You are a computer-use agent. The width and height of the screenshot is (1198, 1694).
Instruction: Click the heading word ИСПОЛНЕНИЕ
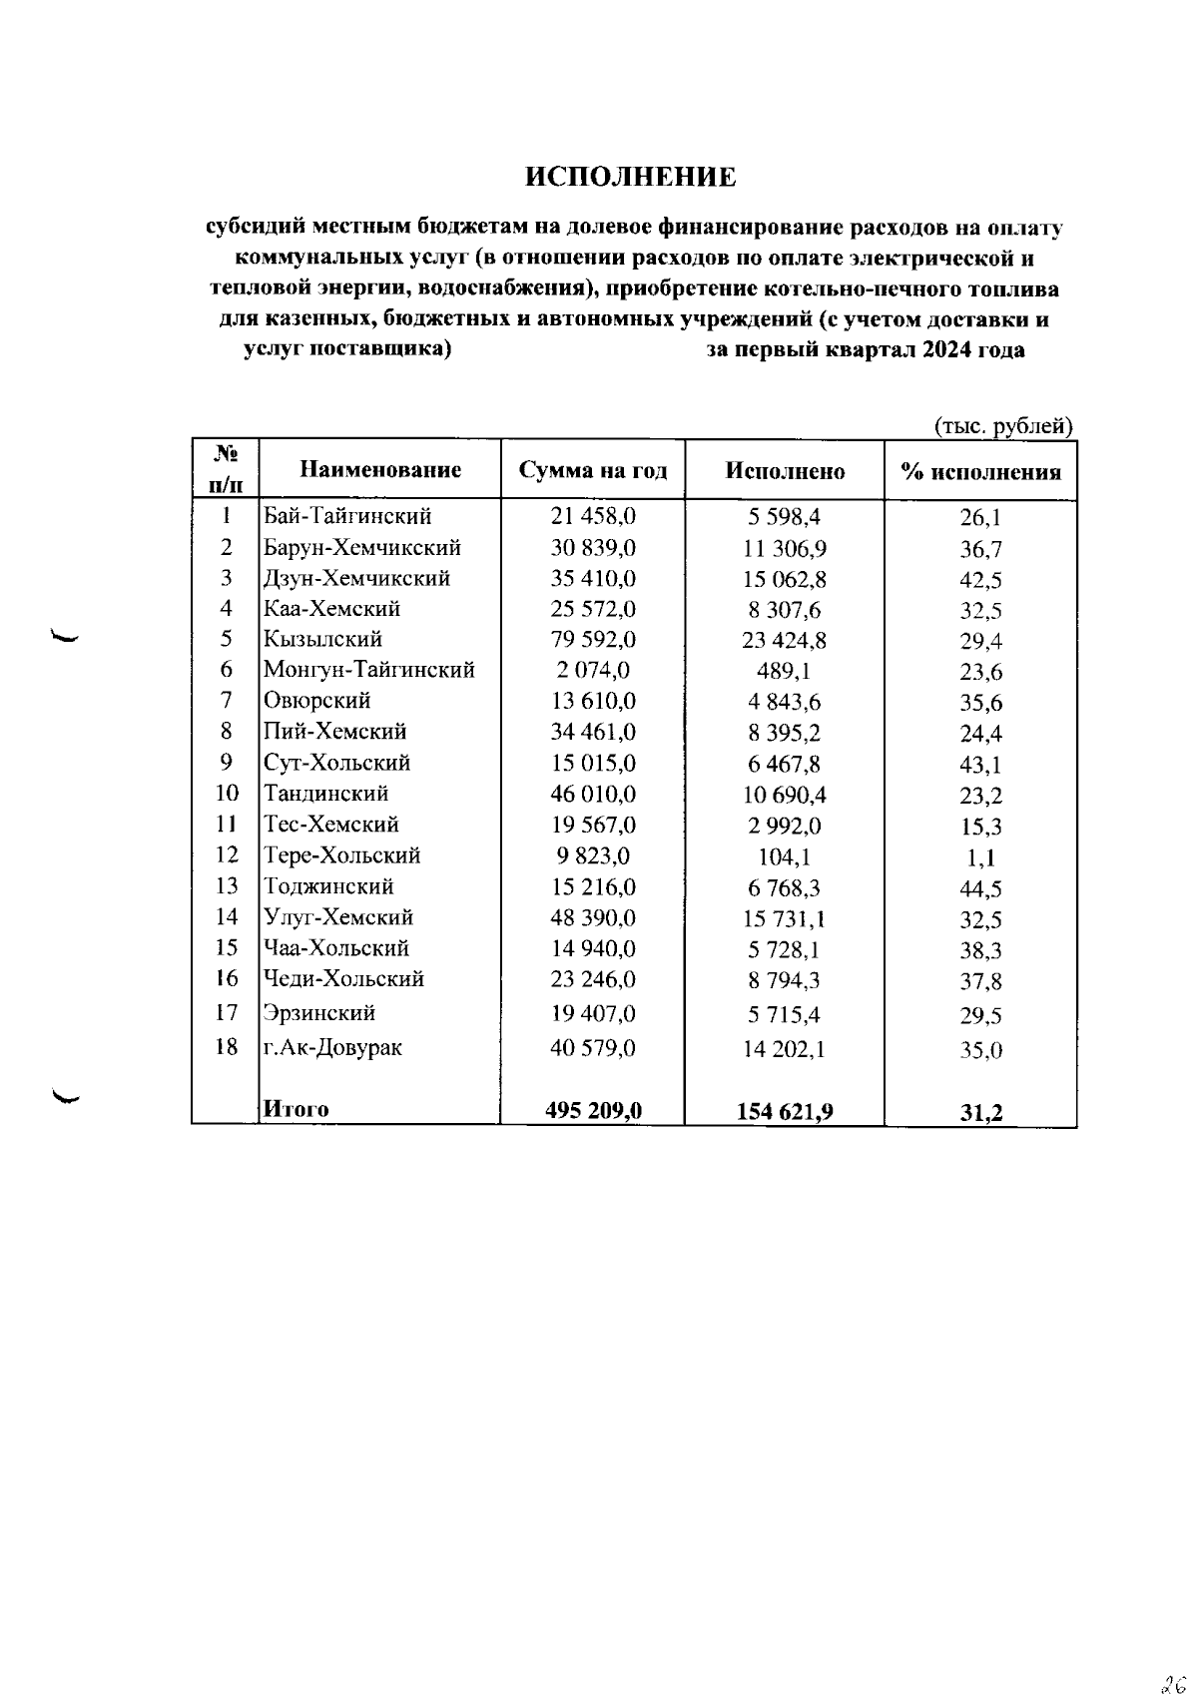point(631,178)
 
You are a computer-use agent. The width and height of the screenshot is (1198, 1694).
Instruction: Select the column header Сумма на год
point(593,471)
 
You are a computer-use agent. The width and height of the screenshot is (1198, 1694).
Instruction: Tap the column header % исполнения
point(980,472)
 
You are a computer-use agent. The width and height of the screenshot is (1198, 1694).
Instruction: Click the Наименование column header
point(380,470)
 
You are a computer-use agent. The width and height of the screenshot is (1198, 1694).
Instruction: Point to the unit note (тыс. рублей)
point(1003,426)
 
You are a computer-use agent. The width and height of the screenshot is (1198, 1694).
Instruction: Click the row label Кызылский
point(322,639)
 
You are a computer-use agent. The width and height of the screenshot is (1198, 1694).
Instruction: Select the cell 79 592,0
point(593,639)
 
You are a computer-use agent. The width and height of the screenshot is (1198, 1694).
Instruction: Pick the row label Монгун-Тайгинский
point(368,670)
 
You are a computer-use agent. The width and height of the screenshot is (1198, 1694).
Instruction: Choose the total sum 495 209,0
point(593,1110)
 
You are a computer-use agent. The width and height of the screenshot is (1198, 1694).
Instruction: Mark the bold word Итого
point(296,1109)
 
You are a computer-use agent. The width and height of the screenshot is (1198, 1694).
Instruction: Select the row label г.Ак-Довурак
point(332,1047)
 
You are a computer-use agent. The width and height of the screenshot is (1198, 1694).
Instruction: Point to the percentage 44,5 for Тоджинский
point(980,888)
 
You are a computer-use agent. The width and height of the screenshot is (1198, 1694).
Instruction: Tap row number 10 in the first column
point(227,794)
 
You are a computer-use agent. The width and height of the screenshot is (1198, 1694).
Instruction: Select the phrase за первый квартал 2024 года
point(865,350)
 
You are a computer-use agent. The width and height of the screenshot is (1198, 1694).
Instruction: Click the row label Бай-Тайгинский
point(347,516)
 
